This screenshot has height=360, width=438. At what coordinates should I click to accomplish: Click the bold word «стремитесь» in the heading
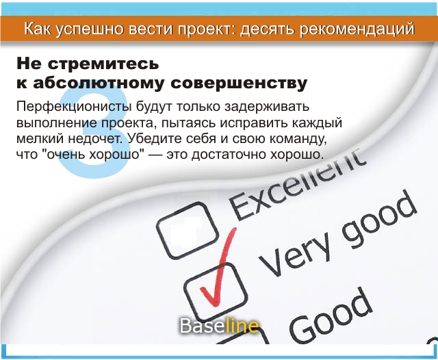coord(103,64)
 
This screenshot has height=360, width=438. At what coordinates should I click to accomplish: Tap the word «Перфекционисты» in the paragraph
coord(74,107)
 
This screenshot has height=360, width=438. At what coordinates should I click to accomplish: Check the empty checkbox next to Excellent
coord(188,230)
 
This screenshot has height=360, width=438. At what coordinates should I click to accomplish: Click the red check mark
coord(218,268)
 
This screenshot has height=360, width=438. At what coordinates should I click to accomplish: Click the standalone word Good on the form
coord(331,315)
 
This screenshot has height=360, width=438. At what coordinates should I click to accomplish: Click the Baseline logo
coord(219,326)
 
